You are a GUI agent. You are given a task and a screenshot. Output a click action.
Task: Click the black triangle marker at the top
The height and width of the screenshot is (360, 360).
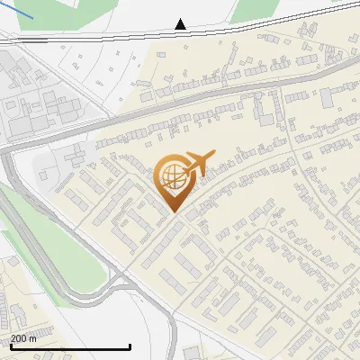click(181, 24)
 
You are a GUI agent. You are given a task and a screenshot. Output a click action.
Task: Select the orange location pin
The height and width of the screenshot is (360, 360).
click(173, 180)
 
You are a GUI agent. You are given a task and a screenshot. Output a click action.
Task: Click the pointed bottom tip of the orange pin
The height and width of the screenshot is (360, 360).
click(175, 211)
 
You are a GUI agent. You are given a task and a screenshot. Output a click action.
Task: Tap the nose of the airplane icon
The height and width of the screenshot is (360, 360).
click(213, 154)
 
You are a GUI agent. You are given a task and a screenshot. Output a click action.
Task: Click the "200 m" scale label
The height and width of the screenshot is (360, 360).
click(23, 338)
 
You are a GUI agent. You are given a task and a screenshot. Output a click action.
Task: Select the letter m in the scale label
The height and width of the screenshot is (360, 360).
click(32, 338)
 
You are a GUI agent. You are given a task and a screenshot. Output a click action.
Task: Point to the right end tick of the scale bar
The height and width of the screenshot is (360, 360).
click(130, 346)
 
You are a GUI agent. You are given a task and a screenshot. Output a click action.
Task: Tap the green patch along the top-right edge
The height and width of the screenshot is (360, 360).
click(252, 9)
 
